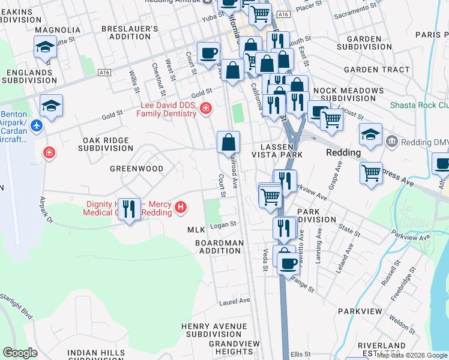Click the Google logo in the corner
20,353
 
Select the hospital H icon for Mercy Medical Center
181,208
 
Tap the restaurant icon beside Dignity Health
128,209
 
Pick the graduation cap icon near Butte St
45,46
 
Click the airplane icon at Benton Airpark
37,126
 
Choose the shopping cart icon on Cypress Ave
372,173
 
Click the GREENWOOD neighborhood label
136,169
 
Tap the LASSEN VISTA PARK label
281,151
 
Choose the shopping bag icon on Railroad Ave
228,143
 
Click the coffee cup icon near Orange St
288,262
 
